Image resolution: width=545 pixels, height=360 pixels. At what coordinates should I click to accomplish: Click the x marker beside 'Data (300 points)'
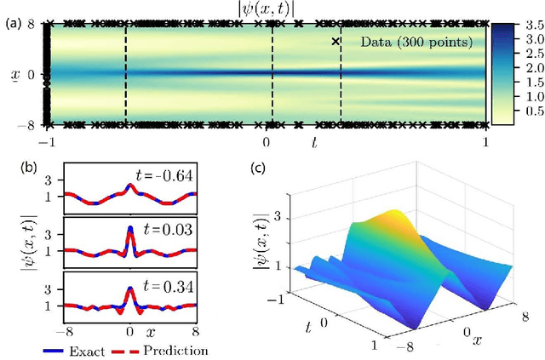[336, 41]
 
